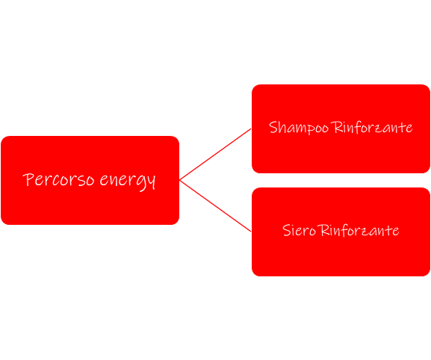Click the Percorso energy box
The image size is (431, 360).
pos(90,180)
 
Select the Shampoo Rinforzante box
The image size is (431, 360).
pos(341,128)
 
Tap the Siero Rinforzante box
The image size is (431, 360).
pos(341,232)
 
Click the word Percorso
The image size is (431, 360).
pos(58,179)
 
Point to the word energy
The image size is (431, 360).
pos(128,181)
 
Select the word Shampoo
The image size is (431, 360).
pos(299,128)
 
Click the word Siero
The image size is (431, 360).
pos(299,230)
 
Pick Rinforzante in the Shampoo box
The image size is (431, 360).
pos(372,127)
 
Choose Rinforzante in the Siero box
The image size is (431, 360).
pos(359,230)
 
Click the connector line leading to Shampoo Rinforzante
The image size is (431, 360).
pos(215,154)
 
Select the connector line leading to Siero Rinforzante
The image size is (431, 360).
pos(215,206)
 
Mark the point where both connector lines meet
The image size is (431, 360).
pos(179,180)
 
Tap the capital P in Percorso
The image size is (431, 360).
pos(28,179)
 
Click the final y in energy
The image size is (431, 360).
pos(151,182)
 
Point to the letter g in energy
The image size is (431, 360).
pos(140,183)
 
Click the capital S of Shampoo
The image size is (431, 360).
pos(273,127)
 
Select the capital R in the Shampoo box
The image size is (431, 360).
pos(337,127)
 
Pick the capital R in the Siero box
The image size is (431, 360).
pos(324,230)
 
